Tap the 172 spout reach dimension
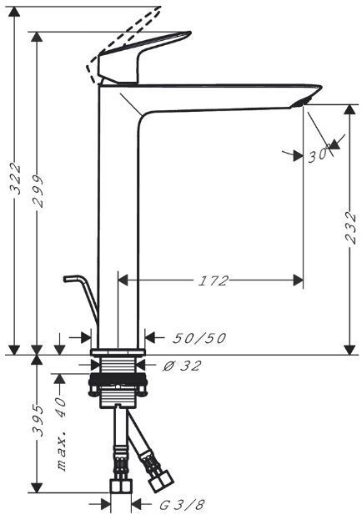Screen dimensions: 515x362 [x=214, y=281]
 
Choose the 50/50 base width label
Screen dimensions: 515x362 [x=199, y=338]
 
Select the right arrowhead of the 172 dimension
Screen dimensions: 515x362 [x=298, y=281]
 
